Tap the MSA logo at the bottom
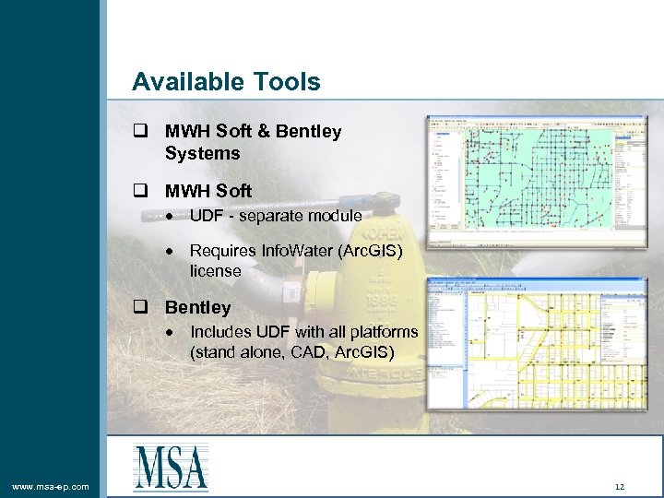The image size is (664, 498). (171, 467)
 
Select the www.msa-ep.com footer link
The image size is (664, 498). (51, 486)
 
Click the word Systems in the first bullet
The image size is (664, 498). (202, 153)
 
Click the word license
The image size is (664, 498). (215, 271)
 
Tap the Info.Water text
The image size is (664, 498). (305, 251)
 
